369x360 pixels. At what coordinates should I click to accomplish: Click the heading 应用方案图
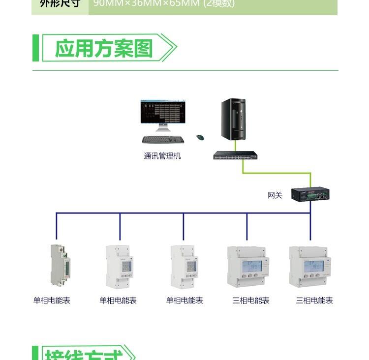point(104,48)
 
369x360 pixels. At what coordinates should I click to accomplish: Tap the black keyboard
point(163,139)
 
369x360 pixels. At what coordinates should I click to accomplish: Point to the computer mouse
point(200,137)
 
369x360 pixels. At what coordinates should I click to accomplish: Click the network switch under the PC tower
point(235,155)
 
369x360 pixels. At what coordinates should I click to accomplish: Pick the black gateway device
point(309,194)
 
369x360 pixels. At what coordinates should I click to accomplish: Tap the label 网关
point(275,195)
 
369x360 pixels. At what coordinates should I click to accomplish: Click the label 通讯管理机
point(162,156)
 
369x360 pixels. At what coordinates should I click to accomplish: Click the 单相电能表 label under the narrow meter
point(52,300)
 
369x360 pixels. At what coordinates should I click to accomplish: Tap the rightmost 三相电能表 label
point(314,300)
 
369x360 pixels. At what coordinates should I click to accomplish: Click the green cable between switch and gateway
point(276,173)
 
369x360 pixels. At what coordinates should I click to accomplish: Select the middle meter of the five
point(184,267)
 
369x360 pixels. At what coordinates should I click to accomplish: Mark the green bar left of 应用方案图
point(35,48)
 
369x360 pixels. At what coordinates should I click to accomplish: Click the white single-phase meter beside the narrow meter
point(120,267)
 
